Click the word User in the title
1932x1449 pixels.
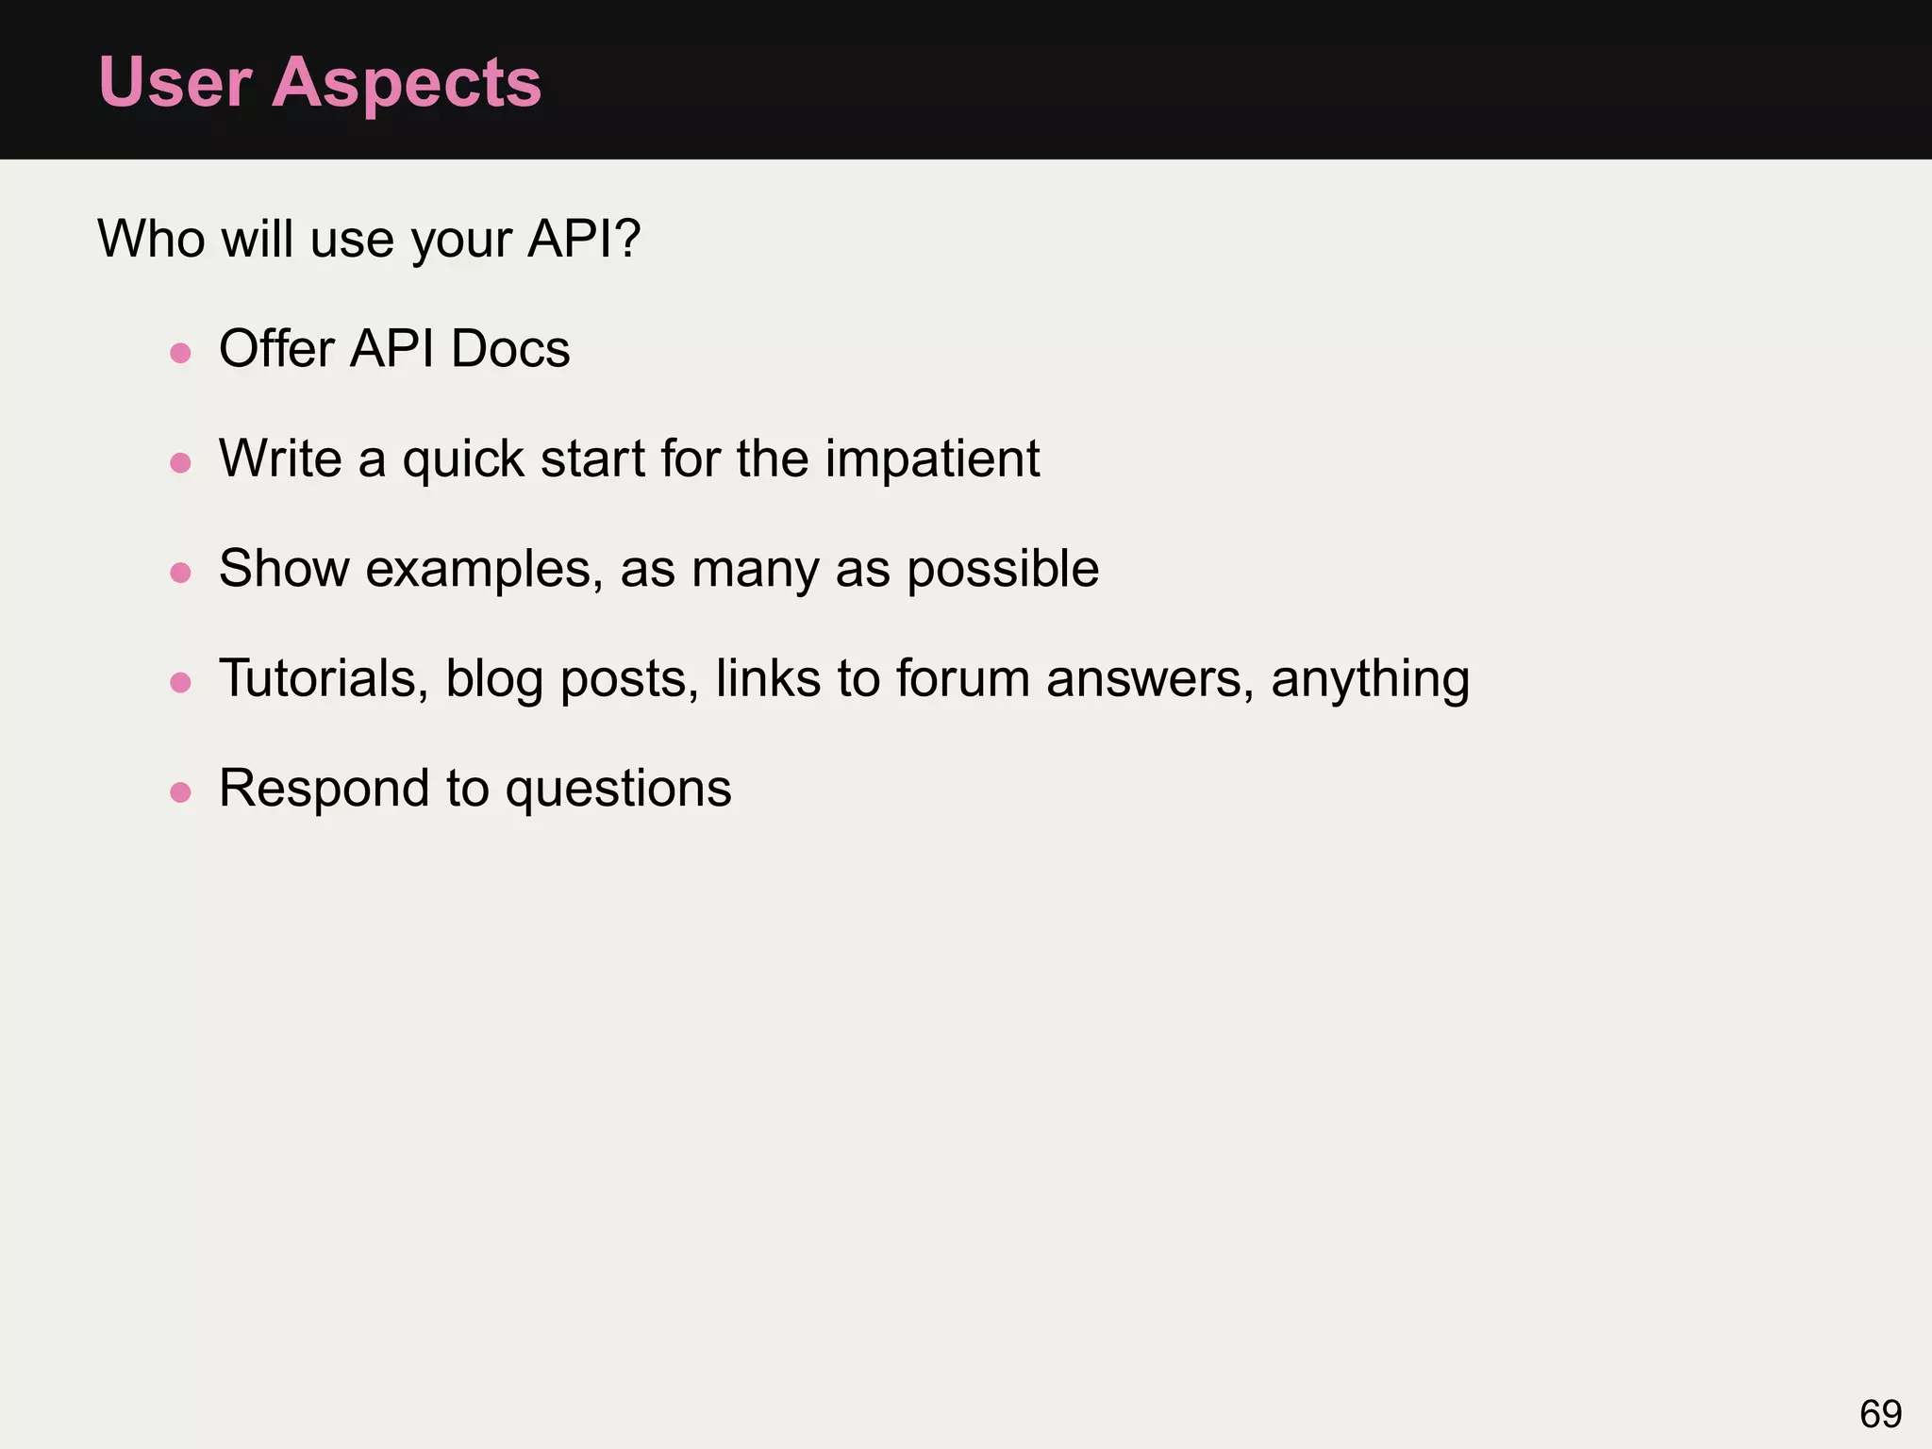click(175, 83)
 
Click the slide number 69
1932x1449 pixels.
click(1880, 1414)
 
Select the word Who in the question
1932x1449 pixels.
click(151, 238)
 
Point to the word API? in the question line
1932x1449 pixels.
click(584, 238)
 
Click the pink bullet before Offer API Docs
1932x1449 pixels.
click(180, 354)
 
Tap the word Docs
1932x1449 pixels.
click(510, 349)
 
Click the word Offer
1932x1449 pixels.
click(276, 349)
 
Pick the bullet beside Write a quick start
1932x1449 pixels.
click(180, 463)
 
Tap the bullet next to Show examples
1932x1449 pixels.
click(180, 573)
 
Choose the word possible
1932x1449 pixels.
click(1003, 570)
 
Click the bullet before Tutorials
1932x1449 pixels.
click(180, 682)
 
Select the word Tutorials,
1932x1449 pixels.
click(324, 679)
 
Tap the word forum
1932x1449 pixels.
click(962, 679)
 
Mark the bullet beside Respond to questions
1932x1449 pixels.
click(180, 792)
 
